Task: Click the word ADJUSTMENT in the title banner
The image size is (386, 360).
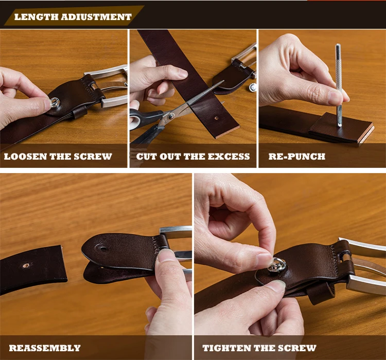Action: [96, 17]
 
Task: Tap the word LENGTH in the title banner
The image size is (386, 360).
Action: [36, 17]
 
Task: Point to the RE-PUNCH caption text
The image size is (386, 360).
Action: [297, 157]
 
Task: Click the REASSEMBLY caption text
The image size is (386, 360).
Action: [45, 348]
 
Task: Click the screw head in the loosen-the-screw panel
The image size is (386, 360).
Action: [55, 102]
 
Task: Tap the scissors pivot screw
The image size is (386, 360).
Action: [170, 115]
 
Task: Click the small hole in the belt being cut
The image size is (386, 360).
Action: [216, 118]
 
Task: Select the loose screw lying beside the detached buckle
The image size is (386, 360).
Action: [253, 87]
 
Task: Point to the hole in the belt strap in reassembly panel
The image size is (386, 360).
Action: [26, 265]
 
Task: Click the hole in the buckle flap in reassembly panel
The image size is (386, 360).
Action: [102, 248]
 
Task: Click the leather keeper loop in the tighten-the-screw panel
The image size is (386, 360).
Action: [320, 293]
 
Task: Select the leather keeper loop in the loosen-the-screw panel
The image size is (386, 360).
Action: [79, 112]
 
